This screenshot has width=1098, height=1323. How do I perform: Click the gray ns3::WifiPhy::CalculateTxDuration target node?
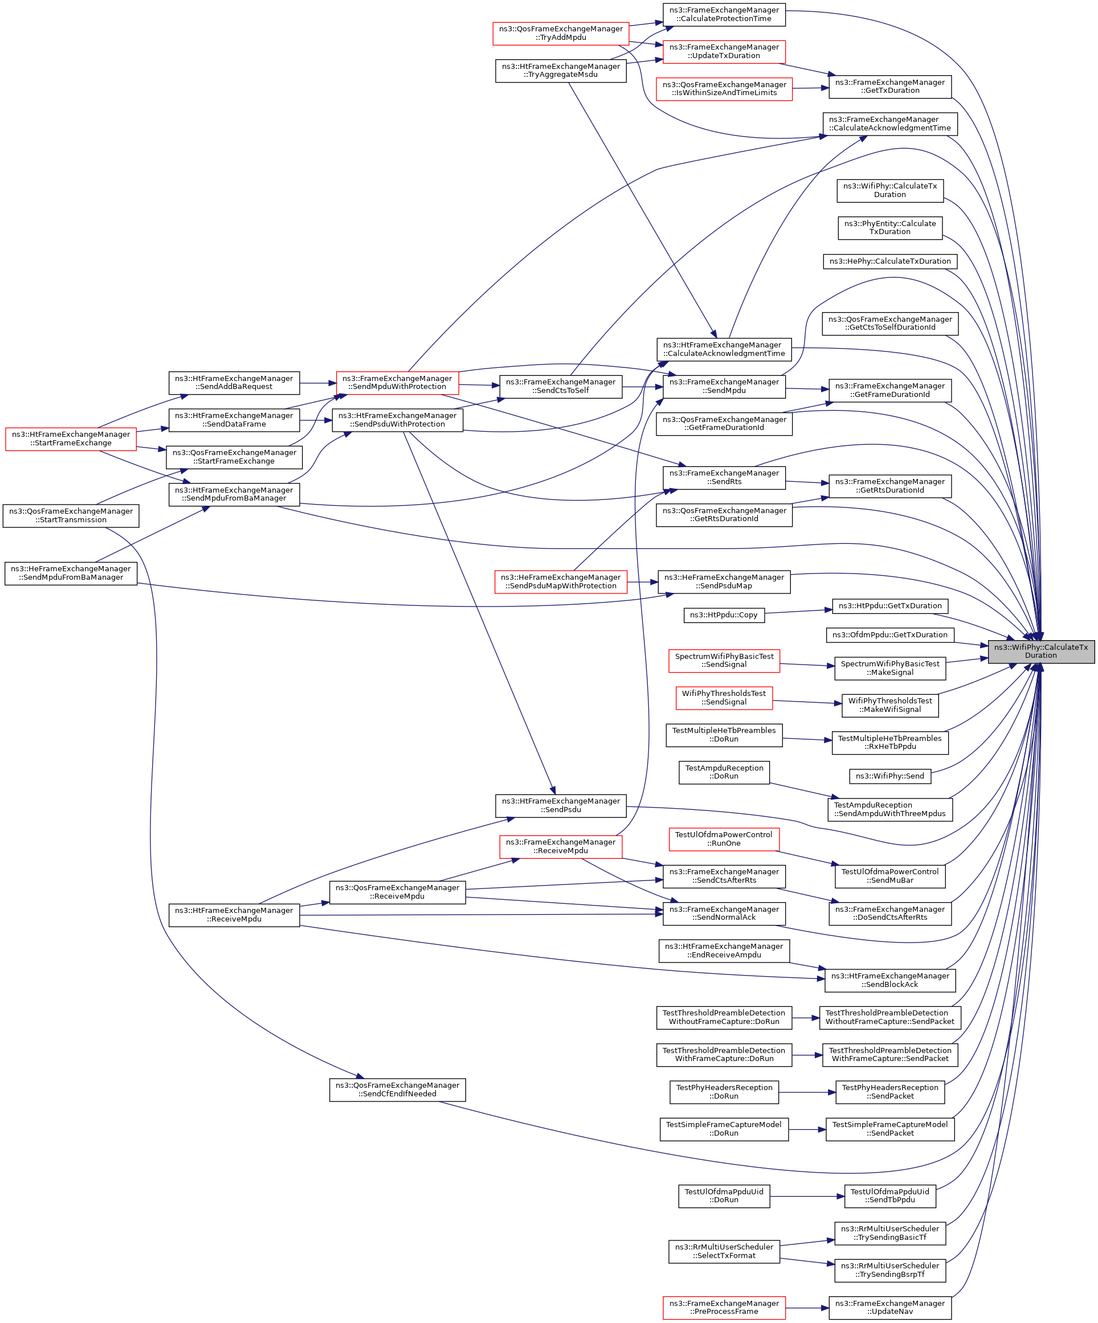1040,652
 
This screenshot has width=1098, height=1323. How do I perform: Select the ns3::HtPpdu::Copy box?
724,615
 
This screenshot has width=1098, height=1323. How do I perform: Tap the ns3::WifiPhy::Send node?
889,776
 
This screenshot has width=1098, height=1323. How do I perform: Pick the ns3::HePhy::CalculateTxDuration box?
889,261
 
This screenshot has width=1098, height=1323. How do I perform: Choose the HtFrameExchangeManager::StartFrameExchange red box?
71,439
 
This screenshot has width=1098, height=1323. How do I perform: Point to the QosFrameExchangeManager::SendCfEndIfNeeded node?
397,1089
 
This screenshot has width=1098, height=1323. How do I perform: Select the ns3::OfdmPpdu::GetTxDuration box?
889,635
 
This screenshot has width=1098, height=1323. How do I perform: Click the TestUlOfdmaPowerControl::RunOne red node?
724,839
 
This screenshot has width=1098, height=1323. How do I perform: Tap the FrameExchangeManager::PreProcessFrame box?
724,1307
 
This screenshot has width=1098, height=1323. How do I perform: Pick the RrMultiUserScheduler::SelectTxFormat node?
724,1251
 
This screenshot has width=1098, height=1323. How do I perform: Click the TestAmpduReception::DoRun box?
724,772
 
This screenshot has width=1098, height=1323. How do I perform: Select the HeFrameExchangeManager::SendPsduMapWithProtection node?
560,581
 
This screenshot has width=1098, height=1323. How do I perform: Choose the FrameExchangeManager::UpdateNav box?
889,1307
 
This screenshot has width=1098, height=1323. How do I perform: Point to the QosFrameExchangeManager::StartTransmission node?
71,515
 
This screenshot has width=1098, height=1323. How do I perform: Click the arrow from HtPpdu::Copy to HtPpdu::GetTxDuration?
798,611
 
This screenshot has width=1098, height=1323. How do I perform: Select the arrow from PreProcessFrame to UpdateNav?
807,1308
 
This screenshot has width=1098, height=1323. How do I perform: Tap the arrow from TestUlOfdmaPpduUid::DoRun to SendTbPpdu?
807,1197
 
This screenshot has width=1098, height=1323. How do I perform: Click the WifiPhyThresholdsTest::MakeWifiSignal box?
889,705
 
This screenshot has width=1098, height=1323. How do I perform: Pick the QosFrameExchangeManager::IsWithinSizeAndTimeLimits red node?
724,89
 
